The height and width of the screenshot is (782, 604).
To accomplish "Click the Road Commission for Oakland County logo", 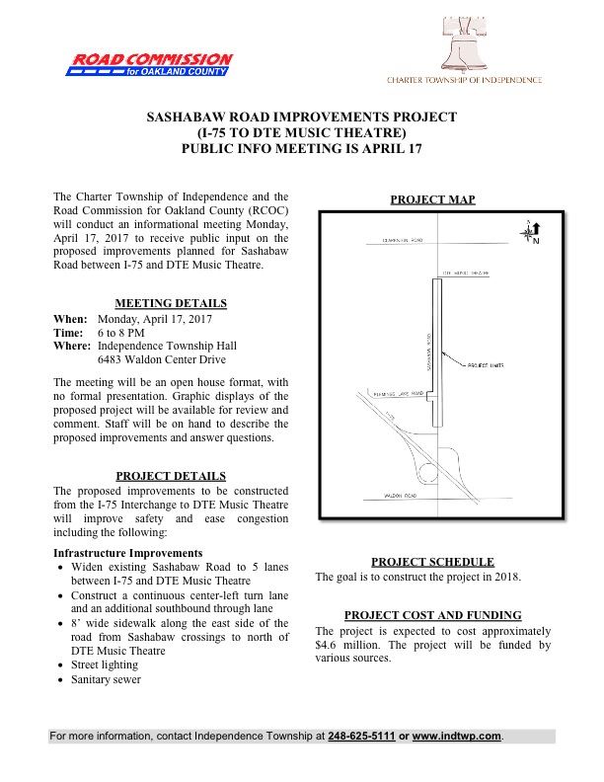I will coord(150,65).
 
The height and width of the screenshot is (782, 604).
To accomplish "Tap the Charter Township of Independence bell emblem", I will coord(464,50).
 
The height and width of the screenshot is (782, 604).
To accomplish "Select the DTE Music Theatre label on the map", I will coord(466,270).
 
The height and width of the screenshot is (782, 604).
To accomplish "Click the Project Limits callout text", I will coord(484,363).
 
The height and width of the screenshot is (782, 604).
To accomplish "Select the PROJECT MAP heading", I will coord(432,199).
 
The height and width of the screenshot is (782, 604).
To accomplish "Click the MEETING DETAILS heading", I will coord(171,303).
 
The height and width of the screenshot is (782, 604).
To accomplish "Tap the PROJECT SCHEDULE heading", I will coord(432,562).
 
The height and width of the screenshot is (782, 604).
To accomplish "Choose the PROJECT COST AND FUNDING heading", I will coord(432,615).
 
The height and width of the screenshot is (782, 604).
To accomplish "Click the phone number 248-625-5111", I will coord(360,737).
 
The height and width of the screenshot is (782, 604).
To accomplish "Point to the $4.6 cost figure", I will coord(327,646).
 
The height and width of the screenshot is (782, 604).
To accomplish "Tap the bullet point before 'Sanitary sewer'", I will coord(62,679).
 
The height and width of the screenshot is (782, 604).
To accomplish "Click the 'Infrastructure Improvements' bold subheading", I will coord(127,552).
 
